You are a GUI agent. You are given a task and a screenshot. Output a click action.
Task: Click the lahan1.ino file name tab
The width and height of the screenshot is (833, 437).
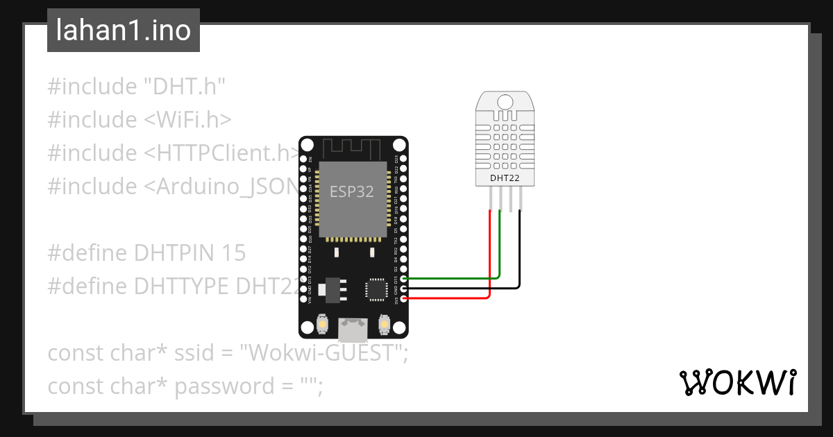tap(123, 31)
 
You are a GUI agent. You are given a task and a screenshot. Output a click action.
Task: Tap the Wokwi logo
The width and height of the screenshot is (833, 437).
tap(737, 382)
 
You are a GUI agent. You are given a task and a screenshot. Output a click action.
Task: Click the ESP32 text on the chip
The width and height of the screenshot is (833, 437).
tap(351, 192)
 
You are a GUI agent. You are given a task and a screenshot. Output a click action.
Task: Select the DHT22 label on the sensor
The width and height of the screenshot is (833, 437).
tap(505, 178)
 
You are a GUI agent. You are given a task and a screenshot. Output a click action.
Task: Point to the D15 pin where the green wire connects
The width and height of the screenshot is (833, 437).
tap(404, 278)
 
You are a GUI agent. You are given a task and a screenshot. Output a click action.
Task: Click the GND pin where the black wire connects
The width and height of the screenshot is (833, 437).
tap(404, 288)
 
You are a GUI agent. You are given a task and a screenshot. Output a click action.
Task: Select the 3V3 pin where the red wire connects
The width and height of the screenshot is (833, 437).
tap(404, 298)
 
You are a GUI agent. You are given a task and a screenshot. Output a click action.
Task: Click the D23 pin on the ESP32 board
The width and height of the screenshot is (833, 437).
tap(404, 159)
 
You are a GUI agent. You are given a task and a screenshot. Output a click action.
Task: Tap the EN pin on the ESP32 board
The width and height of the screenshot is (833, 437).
tap(303, 159)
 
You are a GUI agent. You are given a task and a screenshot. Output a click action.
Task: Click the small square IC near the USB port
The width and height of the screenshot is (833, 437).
tap(377, 289)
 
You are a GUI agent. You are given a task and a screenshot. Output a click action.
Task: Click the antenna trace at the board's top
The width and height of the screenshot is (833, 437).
tap(351, 148)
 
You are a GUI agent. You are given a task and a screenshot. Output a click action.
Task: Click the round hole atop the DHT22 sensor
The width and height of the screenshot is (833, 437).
tap(505, 101)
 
